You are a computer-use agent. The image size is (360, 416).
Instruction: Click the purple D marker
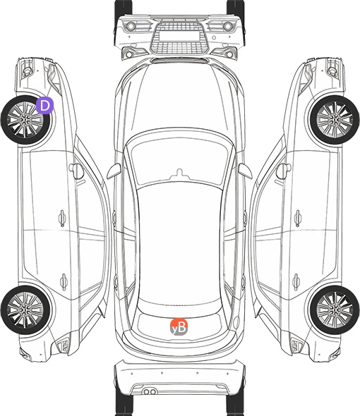[45, 105]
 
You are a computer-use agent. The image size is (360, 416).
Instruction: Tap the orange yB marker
[179, 327]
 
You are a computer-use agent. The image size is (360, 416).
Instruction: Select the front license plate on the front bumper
[179, 35]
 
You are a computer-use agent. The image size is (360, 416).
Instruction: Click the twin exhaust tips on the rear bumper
[150, 391]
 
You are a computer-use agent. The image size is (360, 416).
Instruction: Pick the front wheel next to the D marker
[25, 120]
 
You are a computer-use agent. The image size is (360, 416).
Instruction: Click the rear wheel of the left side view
[25, 310]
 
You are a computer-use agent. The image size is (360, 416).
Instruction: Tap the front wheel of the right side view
[335, 120]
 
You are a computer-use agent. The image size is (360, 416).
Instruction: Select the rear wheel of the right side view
[335, 310]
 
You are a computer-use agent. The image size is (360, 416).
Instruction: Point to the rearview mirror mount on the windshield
[180, 173]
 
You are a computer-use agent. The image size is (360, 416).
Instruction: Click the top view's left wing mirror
[114, 171]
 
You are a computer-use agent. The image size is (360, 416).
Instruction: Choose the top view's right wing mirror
[245, 171]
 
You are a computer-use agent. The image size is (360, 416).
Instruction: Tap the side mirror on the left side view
[76, 171]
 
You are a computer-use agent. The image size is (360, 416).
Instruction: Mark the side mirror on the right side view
[284, 171]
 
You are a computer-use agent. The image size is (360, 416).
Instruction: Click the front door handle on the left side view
[62, 218]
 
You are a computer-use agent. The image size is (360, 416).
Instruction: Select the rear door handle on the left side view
[64, 281]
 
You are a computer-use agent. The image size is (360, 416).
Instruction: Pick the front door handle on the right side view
[298, 218]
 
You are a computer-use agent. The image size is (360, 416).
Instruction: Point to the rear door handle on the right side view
[296, 281]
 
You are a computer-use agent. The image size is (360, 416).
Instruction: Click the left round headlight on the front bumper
[131, 26]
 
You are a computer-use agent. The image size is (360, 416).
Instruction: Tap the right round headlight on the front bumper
[228, 26]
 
